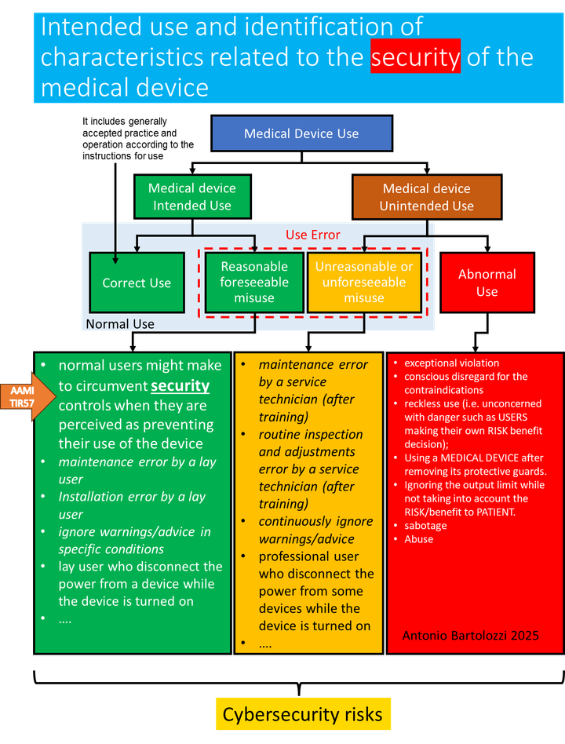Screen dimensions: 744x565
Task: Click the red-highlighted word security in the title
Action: coord(415,58)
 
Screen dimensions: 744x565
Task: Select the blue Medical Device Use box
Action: coord(301,133)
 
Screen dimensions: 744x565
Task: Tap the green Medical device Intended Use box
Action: coord(191,197)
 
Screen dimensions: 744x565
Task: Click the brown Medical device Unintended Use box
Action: coord(426,197)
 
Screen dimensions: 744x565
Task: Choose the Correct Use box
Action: coord(137,283)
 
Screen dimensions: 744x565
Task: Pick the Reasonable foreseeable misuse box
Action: coord(254,283)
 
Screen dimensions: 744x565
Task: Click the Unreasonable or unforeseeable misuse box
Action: coord(364,283)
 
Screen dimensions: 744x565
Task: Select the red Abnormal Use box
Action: coord(487,283)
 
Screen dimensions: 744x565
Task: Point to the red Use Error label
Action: coord(313,235)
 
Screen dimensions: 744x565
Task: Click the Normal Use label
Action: coord(120,324)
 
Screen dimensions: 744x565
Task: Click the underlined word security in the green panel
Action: coord(180,386)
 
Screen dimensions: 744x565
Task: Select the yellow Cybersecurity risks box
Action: coord(302,714)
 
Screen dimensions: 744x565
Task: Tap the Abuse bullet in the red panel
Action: coord(418,539)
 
